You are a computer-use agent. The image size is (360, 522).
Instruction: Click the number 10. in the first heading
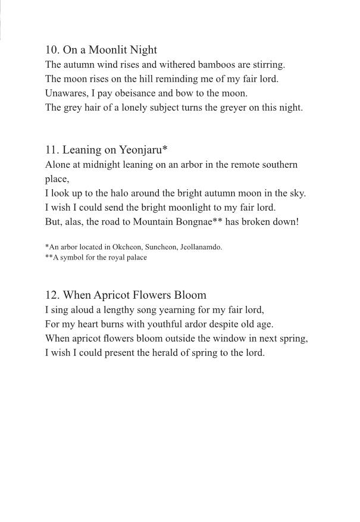tap(52, 50)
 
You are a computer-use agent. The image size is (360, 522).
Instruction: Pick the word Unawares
tap(66, 93)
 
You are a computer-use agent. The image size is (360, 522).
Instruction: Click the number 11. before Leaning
tap(52, 150)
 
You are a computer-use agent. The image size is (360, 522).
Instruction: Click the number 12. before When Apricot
tap(52, 295)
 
